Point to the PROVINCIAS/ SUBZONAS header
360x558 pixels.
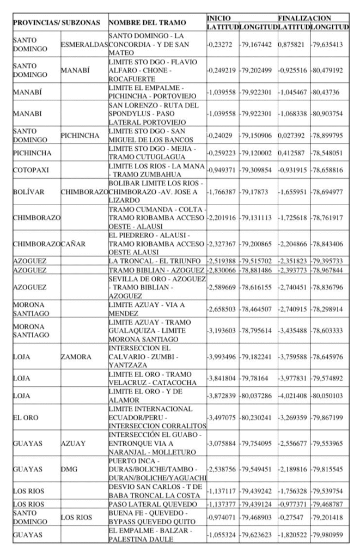57,23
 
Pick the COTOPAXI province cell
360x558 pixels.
30,171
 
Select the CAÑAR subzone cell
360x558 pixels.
73,244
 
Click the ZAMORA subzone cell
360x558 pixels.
76,358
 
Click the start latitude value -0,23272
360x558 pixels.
221,44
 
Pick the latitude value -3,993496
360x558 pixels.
222,358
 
